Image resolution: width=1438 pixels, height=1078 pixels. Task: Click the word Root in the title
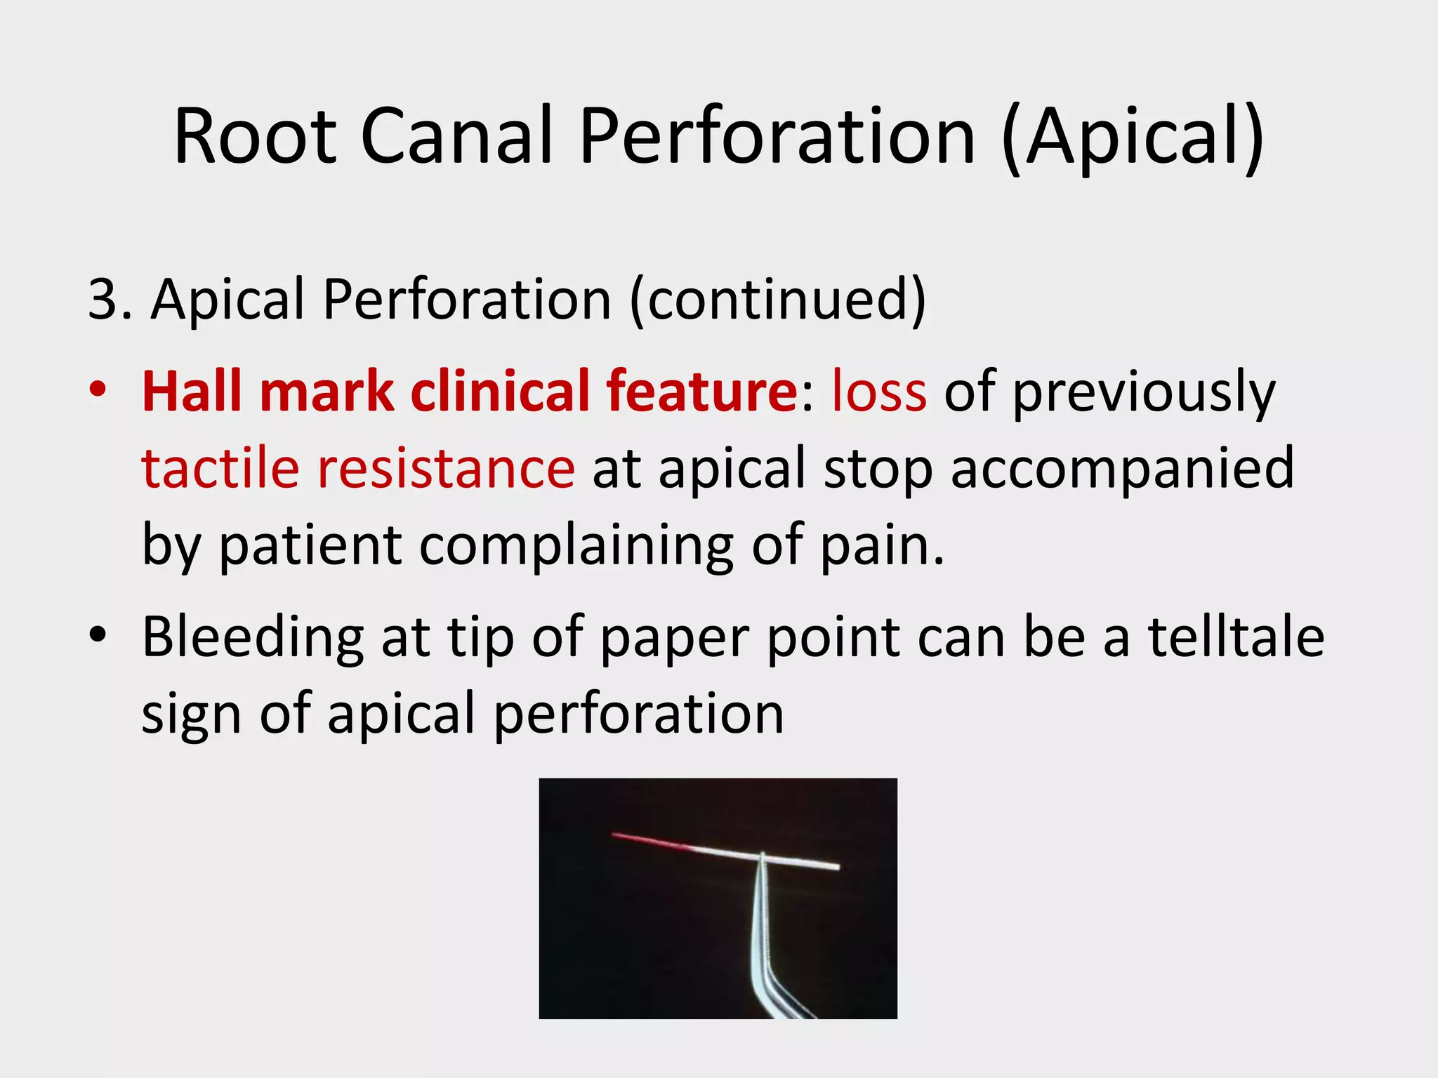pyautogui.click(x=255, y=136)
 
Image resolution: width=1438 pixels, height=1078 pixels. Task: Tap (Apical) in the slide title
pyautogui.click(x=1133, y=136)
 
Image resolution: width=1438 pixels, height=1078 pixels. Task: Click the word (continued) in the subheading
pyautogui.click(x=778, y=300)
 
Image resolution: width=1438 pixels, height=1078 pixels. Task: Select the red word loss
pyautogui.click(x=878, y=391)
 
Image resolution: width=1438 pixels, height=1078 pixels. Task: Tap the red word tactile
pyautogui.click(x=220, y=468)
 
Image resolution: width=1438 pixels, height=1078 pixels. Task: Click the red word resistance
pyautogui.click(x=447, y=468)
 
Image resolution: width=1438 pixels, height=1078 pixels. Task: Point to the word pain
pyautogui.click(x=881, y=546)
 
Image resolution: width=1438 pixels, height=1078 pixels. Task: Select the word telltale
pyautogui.click(x=1236, y=637)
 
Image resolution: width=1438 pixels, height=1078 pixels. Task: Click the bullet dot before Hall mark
pyautogui.click(x=98, y=390)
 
